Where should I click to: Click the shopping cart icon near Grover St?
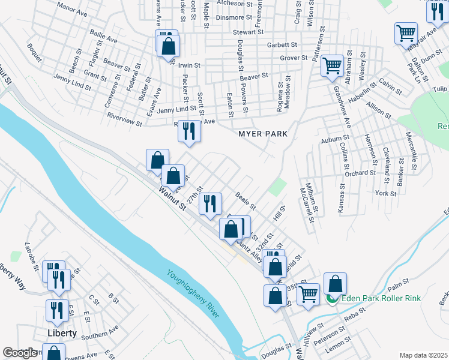331,65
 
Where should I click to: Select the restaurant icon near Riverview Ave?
189,130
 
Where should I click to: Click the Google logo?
20,353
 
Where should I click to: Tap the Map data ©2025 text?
423,355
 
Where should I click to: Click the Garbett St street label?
282,44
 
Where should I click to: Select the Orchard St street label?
360,173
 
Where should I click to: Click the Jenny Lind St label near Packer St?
176,109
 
